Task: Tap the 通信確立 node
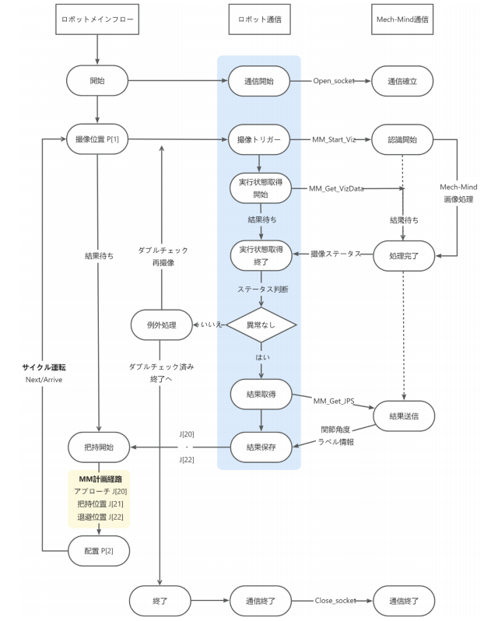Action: coord(402,80)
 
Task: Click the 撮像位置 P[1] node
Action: coord(98,140)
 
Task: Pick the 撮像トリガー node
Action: coord(260,140)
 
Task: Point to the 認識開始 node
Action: coord(402,140)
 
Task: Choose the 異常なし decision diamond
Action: coord(260,325)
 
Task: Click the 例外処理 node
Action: coord(161,325)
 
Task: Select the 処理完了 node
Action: coord(402,254)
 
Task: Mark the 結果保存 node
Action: coord(260,447)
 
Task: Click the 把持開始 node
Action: coord(98,447)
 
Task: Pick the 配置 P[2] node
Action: coord(98,549)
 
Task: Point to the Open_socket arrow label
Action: coord(334,81)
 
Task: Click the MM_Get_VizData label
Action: coord(337,188)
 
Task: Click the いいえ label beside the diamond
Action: coord(211,325)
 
